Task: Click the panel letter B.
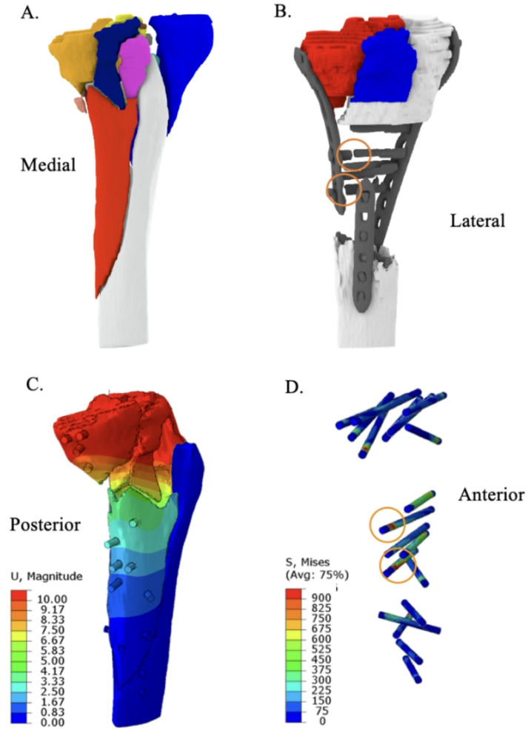281,13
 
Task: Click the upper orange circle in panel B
353,155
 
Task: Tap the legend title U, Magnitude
46,576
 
